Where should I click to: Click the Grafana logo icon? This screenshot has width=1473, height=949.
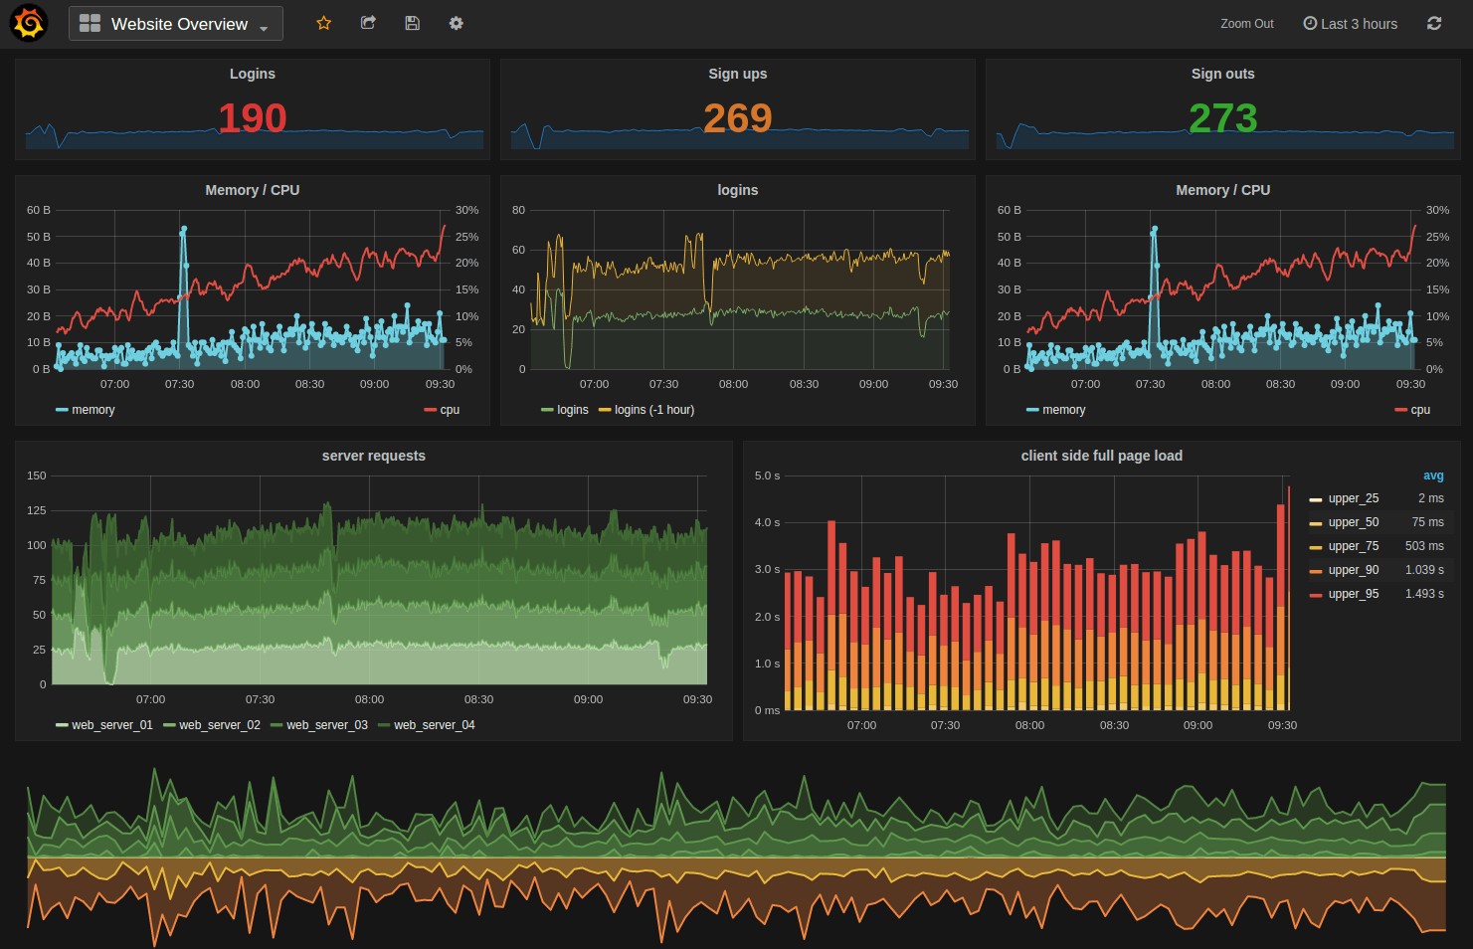(x=28, y=24)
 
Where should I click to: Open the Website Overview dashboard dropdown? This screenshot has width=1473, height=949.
(x=176, y=24)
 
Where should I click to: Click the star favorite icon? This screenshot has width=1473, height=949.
(x=323, y=23)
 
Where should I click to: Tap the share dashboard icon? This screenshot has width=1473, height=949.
(x=368, y=23)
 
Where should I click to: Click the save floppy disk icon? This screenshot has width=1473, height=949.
(x=412, y=23)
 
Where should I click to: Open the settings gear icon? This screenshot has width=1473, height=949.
(x=456, y=23)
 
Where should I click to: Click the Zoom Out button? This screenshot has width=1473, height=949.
(x=1246, y=24)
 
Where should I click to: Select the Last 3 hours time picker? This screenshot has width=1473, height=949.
(x=1350, y=24)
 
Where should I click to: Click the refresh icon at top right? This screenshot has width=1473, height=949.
(x=1433, y=24)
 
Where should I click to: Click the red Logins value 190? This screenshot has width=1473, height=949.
(x=253, y=118)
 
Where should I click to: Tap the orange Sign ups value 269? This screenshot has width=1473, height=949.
(x=737, y=118)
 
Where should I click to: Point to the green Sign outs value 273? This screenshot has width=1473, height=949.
(x=1222, y=118)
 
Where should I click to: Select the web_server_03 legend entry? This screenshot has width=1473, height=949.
(x=326, y=725)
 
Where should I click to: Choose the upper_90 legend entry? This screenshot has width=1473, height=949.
(x=1353, y=570)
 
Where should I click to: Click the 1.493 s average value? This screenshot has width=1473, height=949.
(x=1424, y=594)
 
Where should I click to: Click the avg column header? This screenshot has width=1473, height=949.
(x=1432, y=475)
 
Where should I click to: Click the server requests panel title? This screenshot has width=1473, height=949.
(x=373, y=456)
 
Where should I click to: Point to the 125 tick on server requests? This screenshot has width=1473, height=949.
(x=37, y=510)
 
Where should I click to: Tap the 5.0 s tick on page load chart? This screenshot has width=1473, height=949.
(x=767, y=475)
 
